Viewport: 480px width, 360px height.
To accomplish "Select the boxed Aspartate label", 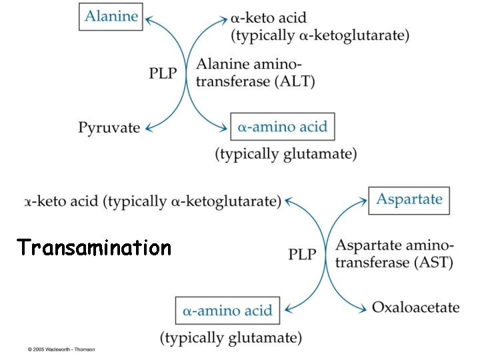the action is click(x=409, y=199).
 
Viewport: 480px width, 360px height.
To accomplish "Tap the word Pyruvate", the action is click(x=109, y=127).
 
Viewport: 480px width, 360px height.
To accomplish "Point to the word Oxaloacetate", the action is click(x=415, y=307).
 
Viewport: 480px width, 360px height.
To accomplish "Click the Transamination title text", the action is click(x=95, y=248).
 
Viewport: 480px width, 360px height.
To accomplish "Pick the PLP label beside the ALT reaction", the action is click(x=163, y=73).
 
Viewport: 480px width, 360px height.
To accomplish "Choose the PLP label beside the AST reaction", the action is click(x=303, y=254).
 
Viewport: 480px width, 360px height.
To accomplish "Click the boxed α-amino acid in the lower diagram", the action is click(x=228, y=310).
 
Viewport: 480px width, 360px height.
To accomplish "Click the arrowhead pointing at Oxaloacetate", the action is click(x=363, y=308).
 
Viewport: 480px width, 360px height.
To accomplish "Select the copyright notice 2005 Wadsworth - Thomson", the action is click(x=61, y=349).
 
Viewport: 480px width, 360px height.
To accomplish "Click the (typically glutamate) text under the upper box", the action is click(x=285, y=154).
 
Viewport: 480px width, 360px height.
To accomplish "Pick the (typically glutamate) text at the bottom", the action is click(x=231, y=337).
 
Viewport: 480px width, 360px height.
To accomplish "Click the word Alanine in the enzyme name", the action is click(x=220, y=65).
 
